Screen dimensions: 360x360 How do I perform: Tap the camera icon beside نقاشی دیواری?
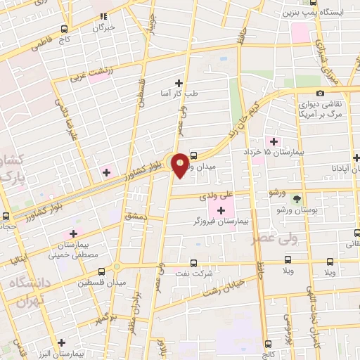tap(320, 93)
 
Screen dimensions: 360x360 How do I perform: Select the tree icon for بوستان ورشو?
tap(296, 198)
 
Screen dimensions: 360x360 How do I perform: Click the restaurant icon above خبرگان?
tap(104, 15)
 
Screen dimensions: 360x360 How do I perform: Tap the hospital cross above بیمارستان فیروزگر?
tap(221, 210)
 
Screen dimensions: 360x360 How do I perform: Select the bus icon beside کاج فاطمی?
tap(65, 29)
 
